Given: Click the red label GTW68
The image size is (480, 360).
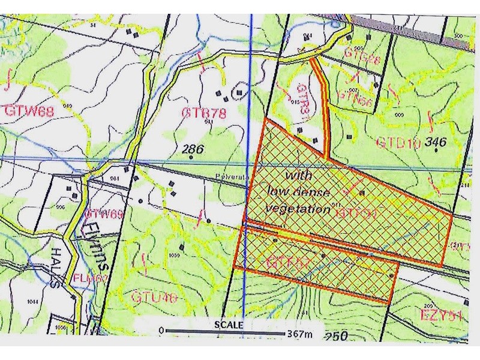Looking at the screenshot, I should [23, 111].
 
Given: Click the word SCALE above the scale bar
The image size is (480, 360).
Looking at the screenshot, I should [229, 324].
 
